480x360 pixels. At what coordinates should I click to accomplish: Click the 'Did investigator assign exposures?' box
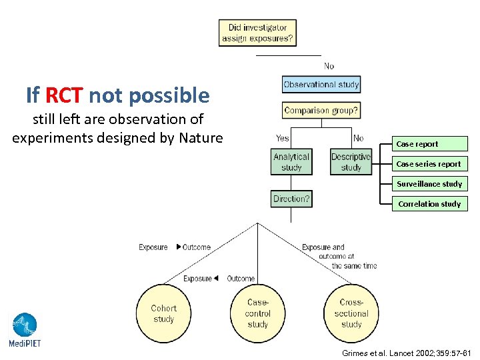[x=257, y=33]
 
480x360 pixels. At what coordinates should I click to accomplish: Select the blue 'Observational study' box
[x=321, y=84]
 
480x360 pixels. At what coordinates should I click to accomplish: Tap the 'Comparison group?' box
[x=321, y=110]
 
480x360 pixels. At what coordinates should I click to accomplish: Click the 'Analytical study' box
[x=291, y=162]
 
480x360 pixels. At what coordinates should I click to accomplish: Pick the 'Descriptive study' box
[x=351, y=162]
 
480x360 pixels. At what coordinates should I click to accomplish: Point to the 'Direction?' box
[x=291, y=199]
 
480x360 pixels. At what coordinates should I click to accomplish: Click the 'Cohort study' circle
[x=164, y=313]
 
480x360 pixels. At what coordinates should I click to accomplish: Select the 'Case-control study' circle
[x=258, y=313]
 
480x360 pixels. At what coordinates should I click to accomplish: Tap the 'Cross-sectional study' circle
[x=351, y=313]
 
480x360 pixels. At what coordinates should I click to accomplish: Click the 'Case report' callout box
[x=429, y=144]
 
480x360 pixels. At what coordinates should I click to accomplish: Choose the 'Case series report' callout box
[x=429, y=164]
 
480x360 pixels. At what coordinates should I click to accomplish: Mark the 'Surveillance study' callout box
[x=429, y=184]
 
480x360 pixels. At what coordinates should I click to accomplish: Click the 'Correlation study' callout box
[x=429, y=204]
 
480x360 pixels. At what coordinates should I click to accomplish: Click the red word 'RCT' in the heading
[x=64, y=96]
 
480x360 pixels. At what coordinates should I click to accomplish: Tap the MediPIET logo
[x=24, y=330]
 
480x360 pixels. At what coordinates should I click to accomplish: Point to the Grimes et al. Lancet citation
[x=406, y=352]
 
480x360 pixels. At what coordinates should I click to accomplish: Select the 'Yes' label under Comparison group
[x=283, y=138]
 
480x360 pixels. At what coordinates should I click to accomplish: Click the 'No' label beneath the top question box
[x=329, y=66]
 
